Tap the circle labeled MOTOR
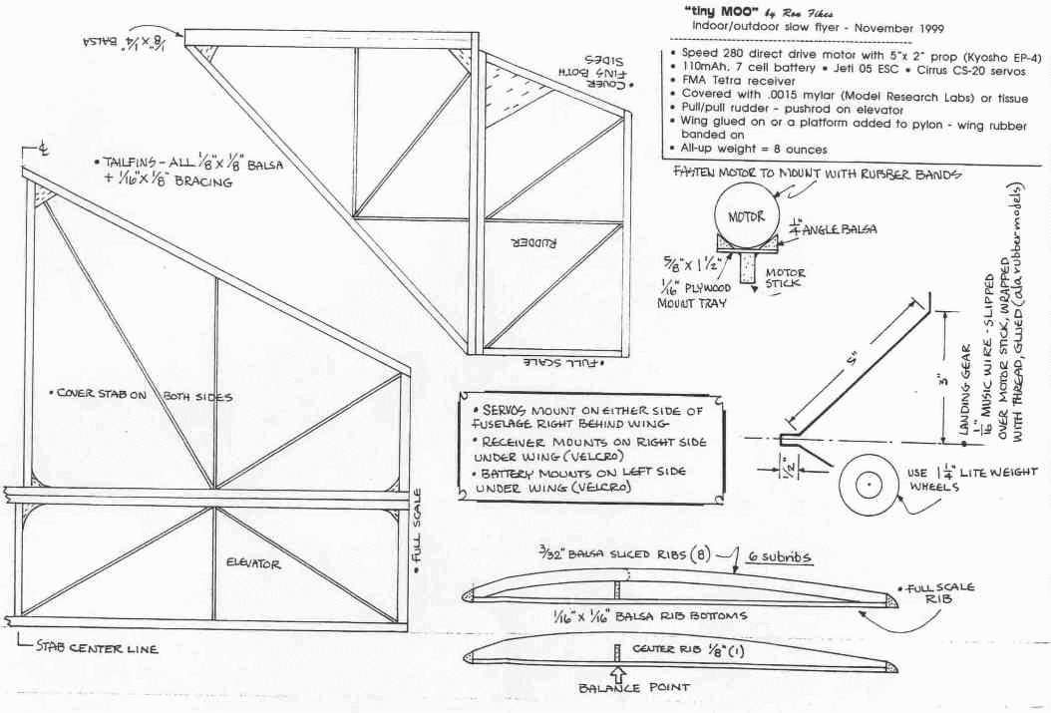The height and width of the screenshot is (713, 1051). (x=745, y=216)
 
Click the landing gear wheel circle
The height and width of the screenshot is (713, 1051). (x=870, y=486)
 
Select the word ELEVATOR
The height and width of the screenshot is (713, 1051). (x=256, y=563)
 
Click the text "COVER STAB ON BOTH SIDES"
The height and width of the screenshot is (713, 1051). (x=140, y=396)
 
